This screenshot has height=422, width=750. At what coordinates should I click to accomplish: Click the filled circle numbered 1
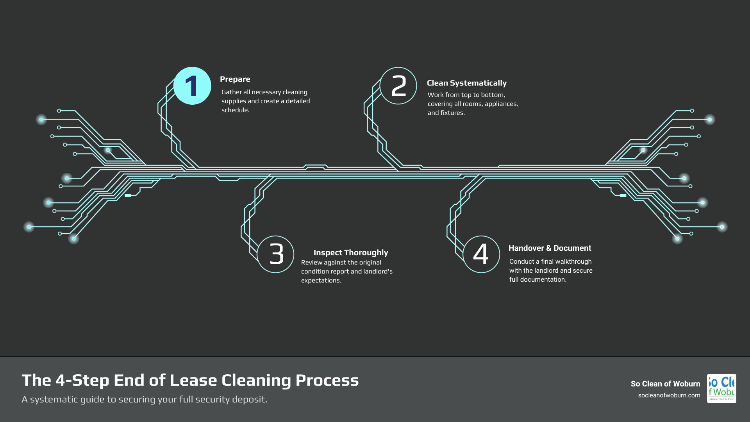point(192,86)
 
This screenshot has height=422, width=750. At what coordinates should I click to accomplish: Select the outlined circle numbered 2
point(398,86)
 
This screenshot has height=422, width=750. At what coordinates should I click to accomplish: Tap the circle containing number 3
point(276,254)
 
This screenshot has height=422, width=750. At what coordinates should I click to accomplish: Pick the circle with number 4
point(481,254)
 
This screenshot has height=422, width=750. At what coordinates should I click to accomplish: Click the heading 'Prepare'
point(235,79)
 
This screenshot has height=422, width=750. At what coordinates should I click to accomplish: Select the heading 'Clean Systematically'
point(466,83)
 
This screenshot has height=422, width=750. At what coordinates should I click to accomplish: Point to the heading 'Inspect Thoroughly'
point(350,252)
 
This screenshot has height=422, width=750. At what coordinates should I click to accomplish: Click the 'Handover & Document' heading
point(550,248)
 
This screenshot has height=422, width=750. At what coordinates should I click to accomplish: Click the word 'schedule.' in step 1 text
point(235,110)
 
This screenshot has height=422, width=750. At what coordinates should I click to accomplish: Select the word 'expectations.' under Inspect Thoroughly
point(321,281)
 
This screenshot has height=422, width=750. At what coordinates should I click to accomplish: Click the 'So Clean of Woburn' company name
point(665,384)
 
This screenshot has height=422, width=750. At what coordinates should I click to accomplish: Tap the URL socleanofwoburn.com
point(669,395)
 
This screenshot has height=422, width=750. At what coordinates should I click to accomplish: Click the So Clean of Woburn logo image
point(721,388)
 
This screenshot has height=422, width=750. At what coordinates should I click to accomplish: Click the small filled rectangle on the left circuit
point(128,195)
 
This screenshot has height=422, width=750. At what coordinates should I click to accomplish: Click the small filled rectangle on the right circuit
point(623,195)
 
